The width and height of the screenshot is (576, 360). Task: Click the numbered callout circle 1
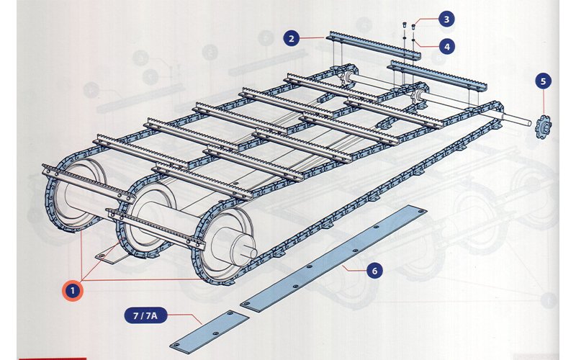click(x=73, y=291)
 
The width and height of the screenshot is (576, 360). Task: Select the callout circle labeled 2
click(x=292, y=38)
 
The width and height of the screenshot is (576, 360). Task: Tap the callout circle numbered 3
click(x=446, y=19)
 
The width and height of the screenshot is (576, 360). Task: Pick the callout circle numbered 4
click(x=446, y=47)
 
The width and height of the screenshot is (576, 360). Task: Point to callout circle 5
click(x=544, y=81)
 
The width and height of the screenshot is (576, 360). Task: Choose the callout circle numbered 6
click(x=374, y=271)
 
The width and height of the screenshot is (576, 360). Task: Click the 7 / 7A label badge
click(x=145, y=315)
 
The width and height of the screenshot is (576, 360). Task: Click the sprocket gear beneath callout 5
click(x=544, y=127)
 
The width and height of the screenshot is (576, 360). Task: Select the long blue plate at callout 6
click(x=333, y=258)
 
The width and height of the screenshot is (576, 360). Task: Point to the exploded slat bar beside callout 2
click(x=373, y=46)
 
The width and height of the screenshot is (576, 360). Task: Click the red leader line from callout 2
click(x=312, y=37)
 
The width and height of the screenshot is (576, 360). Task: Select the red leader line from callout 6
click(x=354, y=268)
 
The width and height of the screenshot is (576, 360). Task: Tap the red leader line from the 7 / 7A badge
click(x=184, y=318)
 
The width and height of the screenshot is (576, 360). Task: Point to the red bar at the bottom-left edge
click(x=52, y=359)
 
